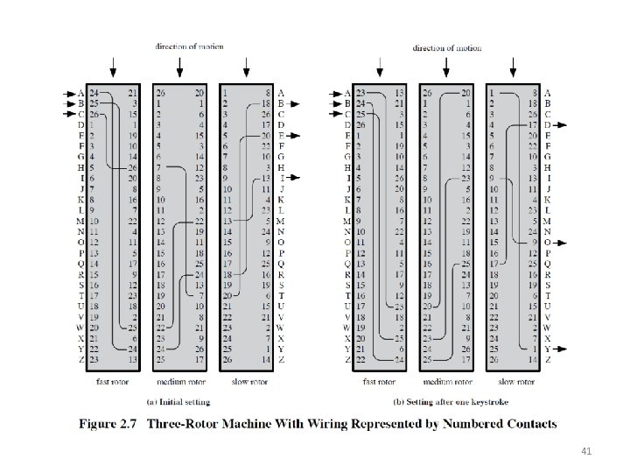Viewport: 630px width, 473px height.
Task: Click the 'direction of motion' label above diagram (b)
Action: coord(446,47)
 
